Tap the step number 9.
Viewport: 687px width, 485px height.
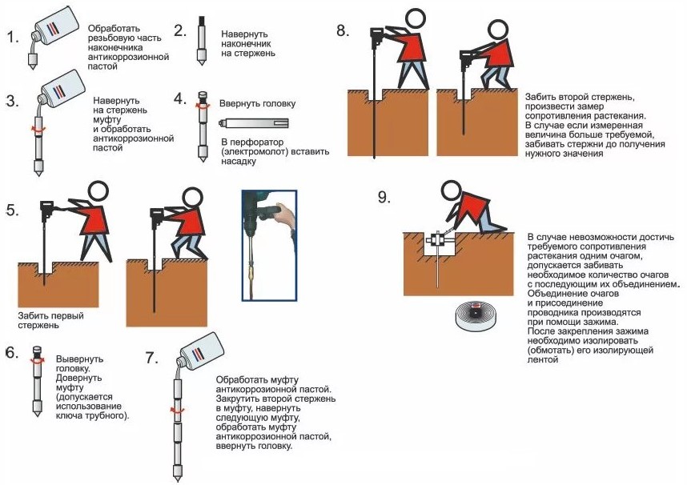384,198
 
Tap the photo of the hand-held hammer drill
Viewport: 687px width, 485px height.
268,244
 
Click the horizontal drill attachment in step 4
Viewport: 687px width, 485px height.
256,124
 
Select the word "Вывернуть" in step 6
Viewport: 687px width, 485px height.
79,359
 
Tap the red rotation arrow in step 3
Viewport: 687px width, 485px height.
33,127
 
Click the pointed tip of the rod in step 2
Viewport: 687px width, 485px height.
199,67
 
